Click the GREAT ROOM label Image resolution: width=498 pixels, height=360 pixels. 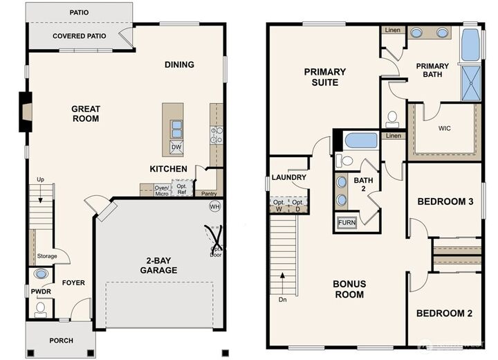coord(86,114)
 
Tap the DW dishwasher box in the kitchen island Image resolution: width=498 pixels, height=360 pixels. coord(176,147)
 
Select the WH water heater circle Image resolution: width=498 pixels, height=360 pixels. coord(214,206)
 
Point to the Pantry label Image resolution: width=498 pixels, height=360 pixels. coord(209,194)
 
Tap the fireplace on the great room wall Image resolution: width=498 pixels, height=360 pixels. coord(24,111)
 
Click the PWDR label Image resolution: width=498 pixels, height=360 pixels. coord(38,291)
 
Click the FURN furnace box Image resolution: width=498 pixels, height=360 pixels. coord(347,223)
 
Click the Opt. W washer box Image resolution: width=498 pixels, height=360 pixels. coord(279,206)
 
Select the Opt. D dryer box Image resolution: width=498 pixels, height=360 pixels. coord(297,206)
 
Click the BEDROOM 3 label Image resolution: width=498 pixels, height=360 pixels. coord(444,201)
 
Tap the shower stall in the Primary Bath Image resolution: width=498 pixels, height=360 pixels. coord(470,82)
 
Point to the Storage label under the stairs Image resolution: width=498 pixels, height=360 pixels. coord(47,256)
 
